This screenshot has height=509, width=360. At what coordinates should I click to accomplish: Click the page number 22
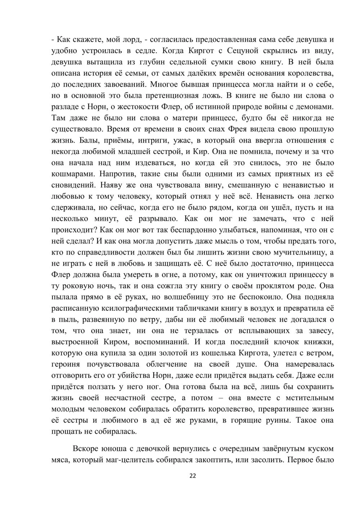pos(192,476)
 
